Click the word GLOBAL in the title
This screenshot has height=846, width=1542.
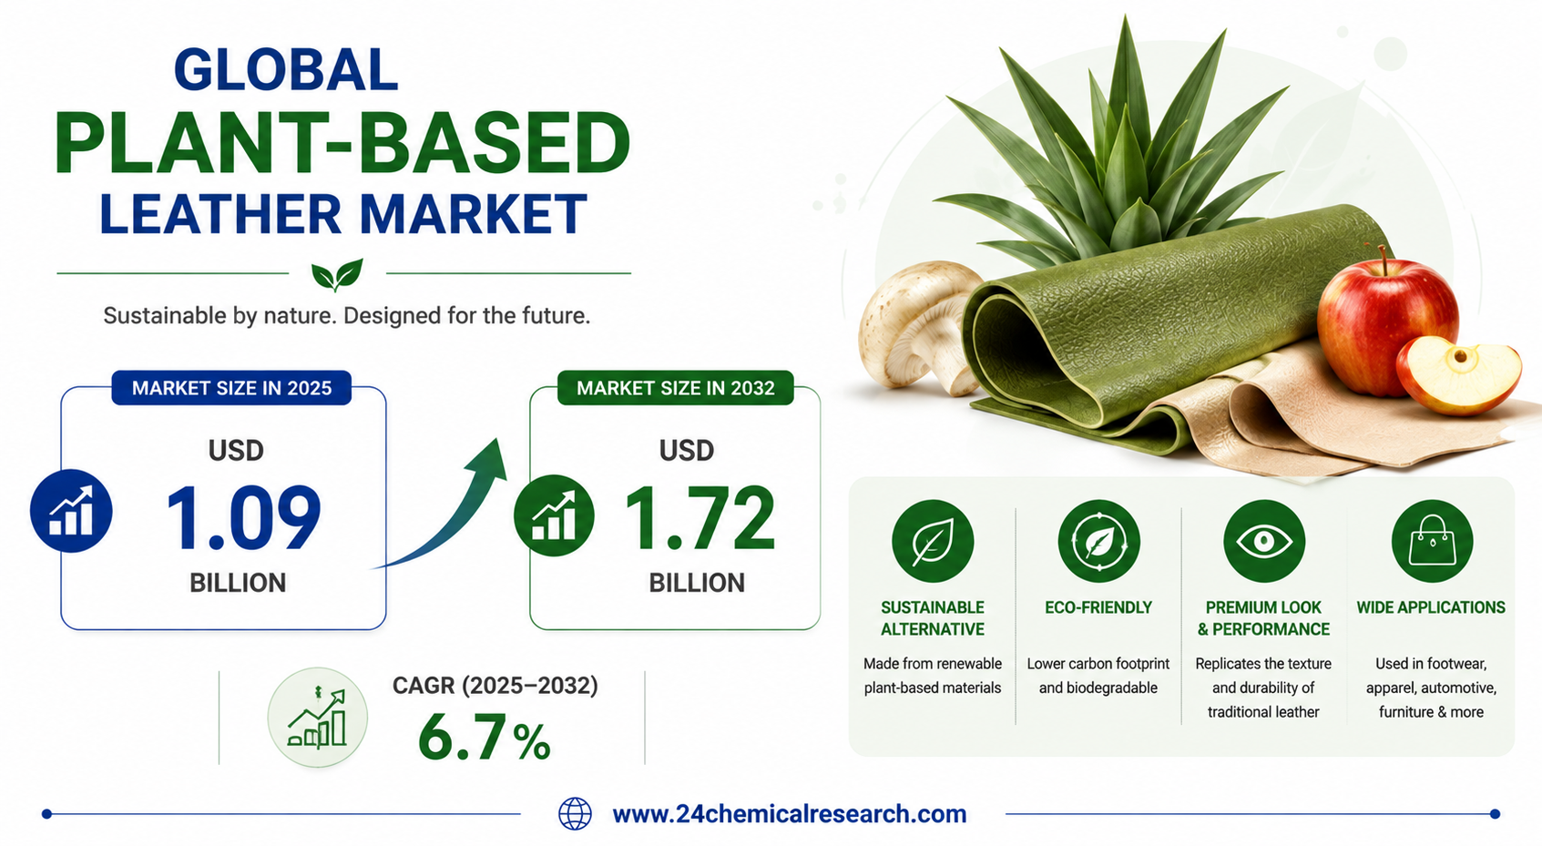pyautogui.click(x=286, y=70)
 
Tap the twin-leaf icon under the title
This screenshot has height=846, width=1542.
pyautogui.click(x=337, y=275)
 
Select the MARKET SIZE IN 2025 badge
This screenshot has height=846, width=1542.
pyautogui.click(x=231, y=388)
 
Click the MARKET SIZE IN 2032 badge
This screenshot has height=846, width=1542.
pyautogui.click(x=675, y=388)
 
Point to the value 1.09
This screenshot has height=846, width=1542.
pyautogui.click(x=243, y=517)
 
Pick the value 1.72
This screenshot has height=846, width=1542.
pyautogui.click(x=699, y=517)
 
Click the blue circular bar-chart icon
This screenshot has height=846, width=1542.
pyautogui.click(x=71, y=511)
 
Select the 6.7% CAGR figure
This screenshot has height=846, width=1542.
pyautogui.click(x=484, y=738)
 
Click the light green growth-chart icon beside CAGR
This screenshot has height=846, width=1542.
pyautogui.click(x=317, y=718)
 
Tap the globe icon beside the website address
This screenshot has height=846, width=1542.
pyautogui.click(x=575, y=813)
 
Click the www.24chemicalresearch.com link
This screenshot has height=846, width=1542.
pyautogui.click(x=790, y=813)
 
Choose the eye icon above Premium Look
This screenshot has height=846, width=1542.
pyautogui.click(x=1264, y=541)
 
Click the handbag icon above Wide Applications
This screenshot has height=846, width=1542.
pyautogui.click(x=1432, y=541)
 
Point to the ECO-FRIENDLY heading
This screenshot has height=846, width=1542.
pyautogui.click(x=1098, y=607)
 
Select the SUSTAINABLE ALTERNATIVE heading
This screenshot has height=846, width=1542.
pyautogui.click(x=933, y=618)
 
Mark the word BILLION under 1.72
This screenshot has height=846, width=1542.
pyautogui.click(x=697, y=583)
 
